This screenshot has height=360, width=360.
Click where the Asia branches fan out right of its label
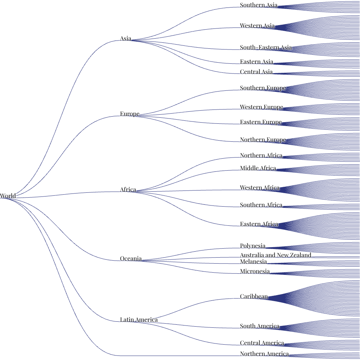(131, 40)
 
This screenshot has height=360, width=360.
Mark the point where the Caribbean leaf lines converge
(268, 298)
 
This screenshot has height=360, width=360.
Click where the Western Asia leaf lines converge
(274, 27)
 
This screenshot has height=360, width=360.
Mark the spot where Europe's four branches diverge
(139, 116)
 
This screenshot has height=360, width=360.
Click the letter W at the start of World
(3, 196)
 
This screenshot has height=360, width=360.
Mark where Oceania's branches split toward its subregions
(142, 261)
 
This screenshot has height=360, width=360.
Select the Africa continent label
(128, 189)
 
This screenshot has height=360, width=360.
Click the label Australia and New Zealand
(276, 255)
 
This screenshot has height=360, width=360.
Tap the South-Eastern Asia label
(266, 47)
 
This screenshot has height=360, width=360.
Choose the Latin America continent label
(139, 319)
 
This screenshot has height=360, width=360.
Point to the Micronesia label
(255, 271)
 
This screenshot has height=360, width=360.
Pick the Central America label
(262, 343)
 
